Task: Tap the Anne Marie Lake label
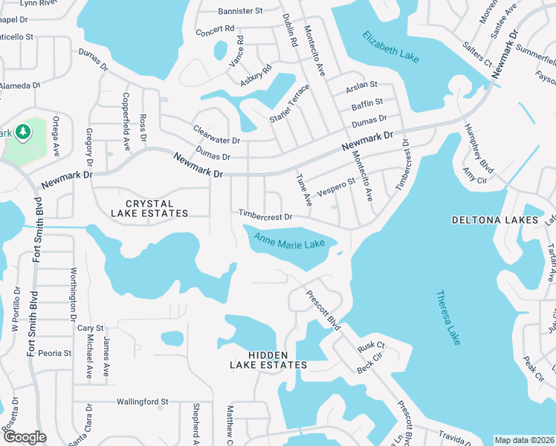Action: click(289, 242)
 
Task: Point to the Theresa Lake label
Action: click(447, 317)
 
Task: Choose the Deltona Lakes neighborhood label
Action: click(494, 221)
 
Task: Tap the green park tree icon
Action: click(23, 132)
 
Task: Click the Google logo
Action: click(25, 437)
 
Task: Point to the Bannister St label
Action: click(241, 11)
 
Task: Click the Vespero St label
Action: click(337, 185)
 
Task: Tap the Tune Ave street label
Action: click(303, 190)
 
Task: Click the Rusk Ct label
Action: click(370, 346)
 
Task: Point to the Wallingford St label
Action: click(142, 401)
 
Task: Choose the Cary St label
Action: click(90, 328)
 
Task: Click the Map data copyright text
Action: click(523, 440)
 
